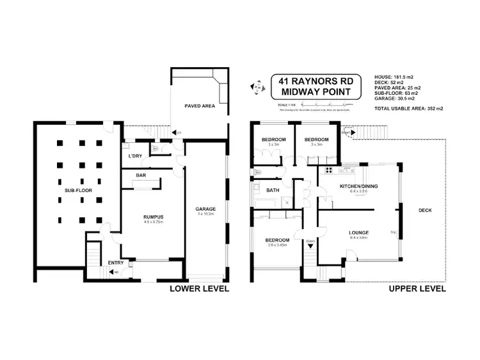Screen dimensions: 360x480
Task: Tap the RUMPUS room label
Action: (153, 217)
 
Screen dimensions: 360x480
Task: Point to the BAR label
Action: (141, 175)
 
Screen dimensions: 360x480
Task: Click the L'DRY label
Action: (134, 156)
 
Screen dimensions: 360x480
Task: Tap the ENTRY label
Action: (116, 263)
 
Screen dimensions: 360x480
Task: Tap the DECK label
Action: (425, 209)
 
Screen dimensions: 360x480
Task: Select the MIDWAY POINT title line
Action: (316, 94)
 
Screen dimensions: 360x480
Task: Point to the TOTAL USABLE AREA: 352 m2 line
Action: (408, 109)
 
